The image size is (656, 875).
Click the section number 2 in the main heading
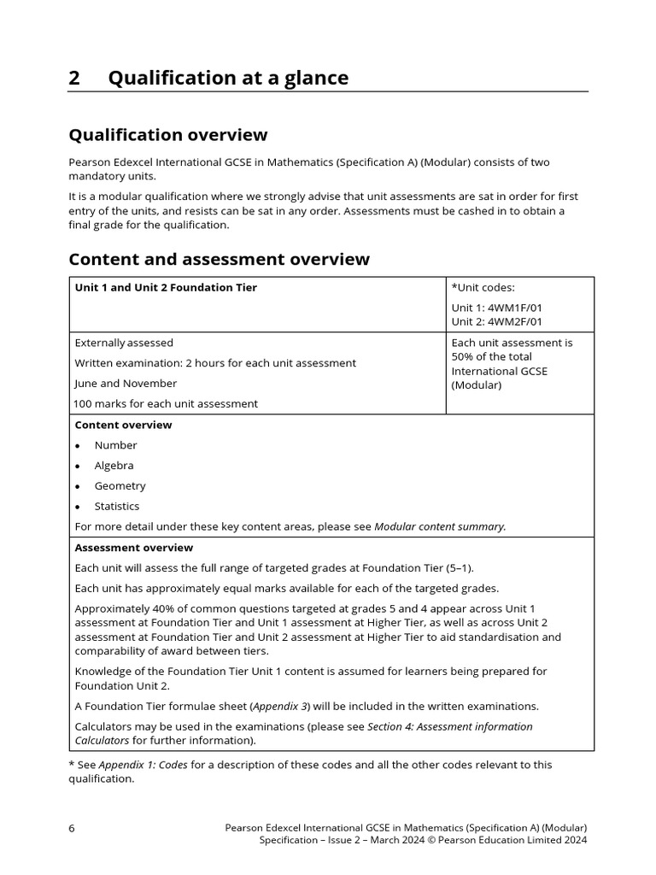[x=74, y=78]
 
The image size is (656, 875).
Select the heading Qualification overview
[x=167, y=134]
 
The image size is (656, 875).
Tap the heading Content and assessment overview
[x=219, y=259]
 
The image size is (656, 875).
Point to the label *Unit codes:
[x=483, y=288]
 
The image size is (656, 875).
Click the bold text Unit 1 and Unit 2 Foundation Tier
[x=166, y=288]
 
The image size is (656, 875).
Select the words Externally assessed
[x=124, y=343]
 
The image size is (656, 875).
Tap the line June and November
[x=126, y=384]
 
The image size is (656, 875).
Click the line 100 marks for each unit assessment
[x=166, y=403]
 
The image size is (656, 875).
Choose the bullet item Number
[x=115, y=445]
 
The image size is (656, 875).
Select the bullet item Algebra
[x=114, y=466]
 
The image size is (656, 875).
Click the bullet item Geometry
[x=120, y=486]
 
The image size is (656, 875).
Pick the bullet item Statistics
[x=116, y=507]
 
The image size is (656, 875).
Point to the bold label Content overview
[x=123, y=425]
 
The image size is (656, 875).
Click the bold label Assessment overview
[x=134, y=548]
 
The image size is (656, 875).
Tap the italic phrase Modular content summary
[x=439, y=527]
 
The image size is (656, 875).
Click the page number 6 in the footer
[x=72, y=828]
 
